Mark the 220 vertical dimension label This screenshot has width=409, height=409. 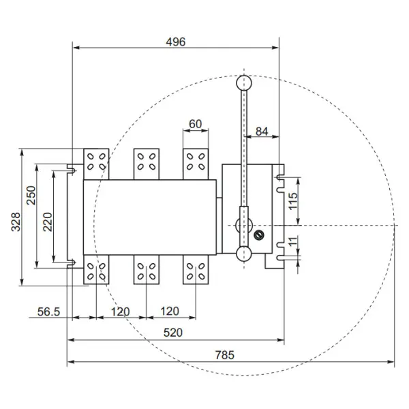48,222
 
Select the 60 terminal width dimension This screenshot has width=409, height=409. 195,124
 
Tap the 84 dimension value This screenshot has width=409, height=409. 261,131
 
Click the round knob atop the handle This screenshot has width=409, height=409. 243,82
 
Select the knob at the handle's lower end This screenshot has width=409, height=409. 243,254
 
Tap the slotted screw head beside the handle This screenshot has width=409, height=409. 258,235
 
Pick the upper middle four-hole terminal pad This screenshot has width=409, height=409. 146,162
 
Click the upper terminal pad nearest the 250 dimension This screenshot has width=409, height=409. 96,162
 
